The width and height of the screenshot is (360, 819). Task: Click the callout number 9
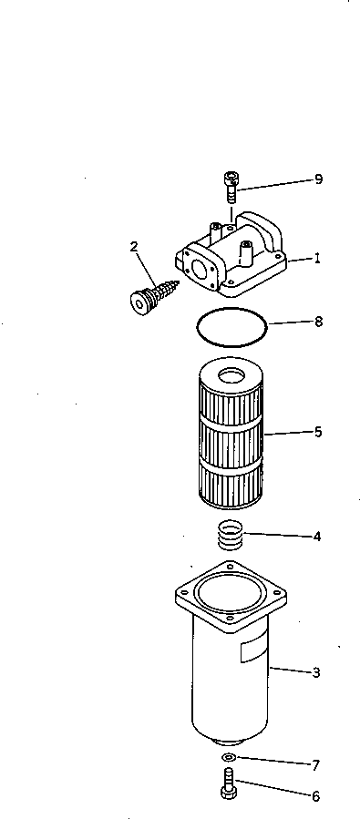click(x=318, y=179)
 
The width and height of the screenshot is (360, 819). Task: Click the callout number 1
click(x=317, y=259)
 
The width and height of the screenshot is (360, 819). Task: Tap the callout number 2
click(x=134, y=246)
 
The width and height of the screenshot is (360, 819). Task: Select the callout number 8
click(x=317, y=322)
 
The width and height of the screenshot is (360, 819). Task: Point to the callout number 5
click(x=317, y=432)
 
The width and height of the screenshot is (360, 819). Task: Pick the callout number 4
click(x=316, y=537)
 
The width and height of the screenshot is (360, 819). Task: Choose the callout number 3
click(x=316, y=673)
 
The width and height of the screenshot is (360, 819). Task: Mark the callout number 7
click(x=316, y=765)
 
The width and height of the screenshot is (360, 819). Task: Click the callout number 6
click(x=316, y=796)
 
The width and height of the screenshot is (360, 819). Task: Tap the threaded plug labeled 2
click(x=151, y=295)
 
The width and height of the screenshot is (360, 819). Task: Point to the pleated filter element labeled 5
click(x=230, y=437)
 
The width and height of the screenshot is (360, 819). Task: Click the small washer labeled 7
click(x=229, y=758)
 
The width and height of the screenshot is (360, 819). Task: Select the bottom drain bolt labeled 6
click(x=229, y=783)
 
